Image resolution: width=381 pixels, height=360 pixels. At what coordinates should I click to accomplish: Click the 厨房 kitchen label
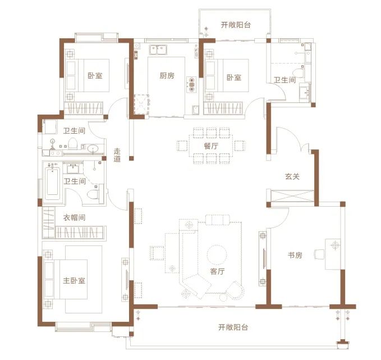click(167, 76)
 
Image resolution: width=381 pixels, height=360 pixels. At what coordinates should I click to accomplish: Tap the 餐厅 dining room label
click(211, 146)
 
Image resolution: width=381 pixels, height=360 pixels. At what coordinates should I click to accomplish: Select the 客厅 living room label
click(217, 271)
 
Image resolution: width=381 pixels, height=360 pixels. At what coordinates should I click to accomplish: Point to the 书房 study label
click(295, 255)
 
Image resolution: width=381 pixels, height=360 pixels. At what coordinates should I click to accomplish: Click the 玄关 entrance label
click(292, 176)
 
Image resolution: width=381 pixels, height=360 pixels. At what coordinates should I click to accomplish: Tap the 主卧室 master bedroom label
click(74, 280)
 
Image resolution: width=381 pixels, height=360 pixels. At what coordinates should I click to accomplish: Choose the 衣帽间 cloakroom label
click(74, 217)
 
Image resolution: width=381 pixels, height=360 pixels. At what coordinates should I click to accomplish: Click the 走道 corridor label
click(117, 155)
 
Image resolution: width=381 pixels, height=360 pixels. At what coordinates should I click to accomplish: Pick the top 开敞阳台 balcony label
click(236, 25)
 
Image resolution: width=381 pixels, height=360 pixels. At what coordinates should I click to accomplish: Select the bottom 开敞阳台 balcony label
click(233, 327)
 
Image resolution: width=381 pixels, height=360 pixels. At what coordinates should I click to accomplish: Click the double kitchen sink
click(158, 50)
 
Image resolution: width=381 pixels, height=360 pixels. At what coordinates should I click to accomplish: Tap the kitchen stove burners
click(191, 85)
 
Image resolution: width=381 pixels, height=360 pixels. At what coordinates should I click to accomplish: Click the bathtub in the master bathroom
click(52, 181)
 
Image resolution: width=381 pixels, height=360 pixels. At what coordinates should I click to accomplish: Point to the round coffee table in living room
click(217, 254)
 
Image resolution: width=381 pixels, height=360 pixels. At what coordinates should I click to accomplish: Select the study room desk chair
click(319, 254)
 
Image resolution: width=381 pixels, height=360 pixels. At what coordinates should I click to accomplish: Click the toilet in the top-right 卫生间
click(298, 72)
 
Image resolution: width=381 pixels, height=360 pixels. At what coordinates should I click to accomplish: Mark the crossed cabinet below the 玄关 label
click(292, 196)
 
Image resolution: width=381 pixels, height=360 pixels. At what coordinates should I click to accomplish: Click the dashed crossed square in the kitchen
click(141, 104)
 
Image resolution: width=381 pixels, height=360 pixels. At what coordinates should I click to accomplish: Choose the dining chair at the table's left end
click(182, 145)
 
